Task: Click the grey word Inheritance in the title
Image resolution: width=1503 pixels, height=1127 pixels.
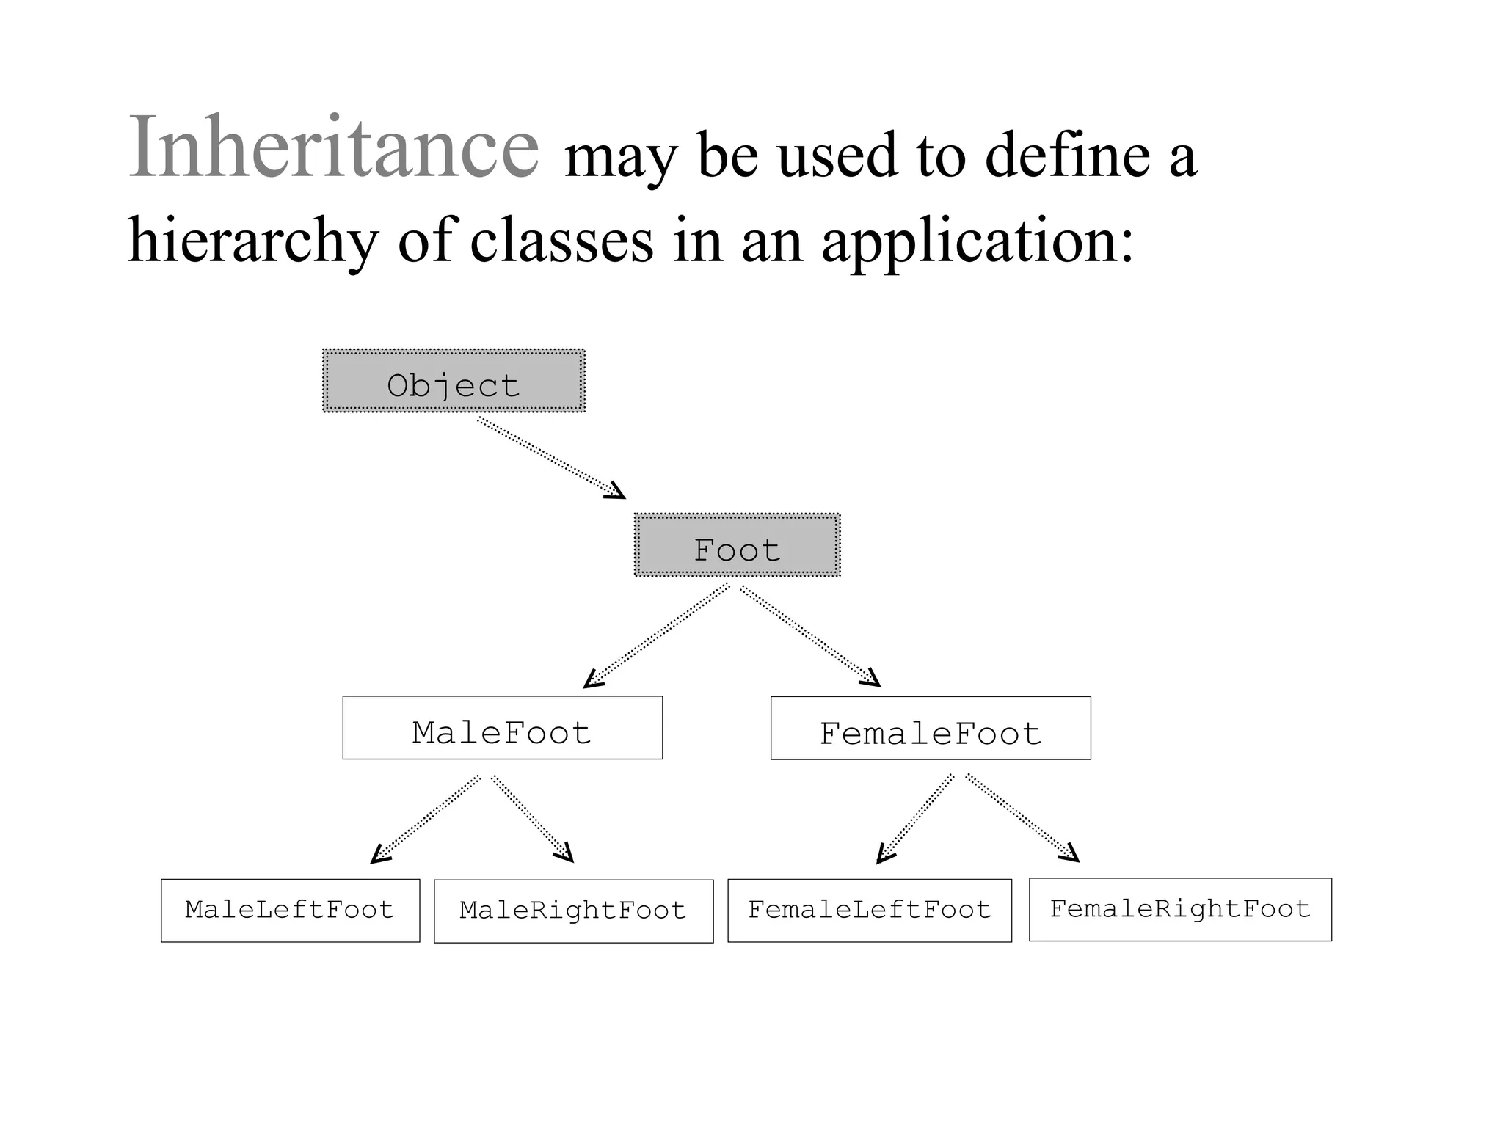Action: (x=334, y=147)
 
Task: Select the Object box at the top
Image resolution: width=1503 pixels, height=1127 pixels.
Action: (x=454, y=381)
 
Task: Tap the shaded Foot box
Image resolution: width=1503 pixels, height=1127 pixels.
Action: (x=737, y=545)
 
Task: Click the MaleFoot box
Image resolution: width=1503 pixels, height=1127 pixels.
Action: (x=502, y=728)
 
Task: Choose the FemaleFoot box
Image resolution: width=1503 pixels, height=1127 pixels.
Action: (x=931, y=729)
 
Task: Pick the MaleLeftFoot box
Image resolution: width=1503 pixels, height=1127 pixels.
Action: (x=290, y=911)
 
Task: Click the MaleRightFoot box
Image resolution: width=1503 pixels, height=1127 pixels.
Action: (x=573, y=911)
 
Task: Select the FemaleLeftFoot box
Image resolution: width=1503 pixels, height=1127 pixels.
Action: (x=870, y=911)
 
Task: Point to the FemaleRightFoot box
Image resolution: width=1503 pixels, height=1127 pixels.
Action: (x=1180, y=910)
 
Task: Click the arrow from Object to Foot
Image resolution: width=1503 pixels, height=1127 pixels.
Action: (x=550, y=457)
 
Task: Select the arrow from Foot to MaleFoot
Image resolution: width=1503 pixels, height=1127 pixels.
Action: (x=658, y=636)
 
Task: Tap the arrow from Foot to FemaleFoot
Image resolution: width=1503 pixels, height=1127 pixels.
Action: (x=809, y=635)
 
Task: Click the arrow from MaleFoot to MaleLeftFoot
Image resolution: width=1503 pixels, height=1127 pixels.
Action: (x=426, y=819)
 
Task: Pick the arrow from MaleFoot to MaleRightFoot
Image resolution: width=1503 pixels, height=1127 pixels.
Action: (x=532, y=818)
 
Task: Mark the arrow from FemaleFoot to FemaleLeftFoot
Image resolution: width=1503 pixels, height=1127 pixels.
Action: (x=915, y=818)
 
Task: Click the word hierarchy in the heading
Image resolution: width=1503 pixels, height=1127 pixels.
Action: (x=253, y=241)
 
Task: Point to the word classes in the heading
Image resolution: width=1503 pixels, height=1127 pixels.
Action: (x=561, y=241)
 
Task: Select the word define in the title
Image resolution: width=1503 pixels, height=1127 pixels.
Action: (x=1067, y=156)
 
